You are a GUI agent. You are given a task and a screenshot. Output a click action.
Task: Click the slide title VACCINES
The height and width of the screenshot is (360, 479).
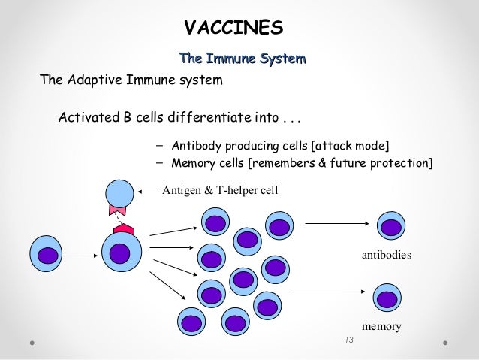(x=233, y=28)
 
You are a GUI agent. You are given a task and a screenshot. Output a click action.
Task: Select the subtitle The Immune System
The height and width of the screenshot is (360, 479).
(x=241, y=57)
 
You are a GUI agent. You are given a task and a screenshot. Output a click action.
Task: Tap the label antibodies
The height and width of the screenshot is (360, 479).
(x=386, y=256)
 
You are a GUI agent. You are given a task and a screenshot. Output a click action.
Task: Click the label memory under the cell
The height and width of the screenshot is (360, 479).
(x=381, y=327)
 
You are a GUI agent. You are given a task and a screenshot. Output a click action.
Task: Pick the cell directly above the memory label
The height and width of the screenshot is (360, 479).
(x=385, y=296)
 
